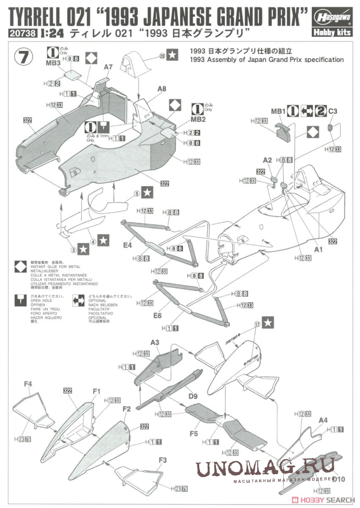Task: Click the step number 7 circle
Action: pyautogui.click(x=24, y=56)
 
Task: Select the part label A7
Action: pyautogui.click(x=109, y=66)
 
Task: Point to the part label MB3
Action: pyautogui.click(x=53, y=63)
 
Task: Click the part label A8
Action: pyautogui.click(x=161, y=89)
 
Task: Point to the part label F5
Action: pyautogui.click(x=194, y=433)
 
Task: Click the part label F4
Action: pyautogui.click(x=28, y=383)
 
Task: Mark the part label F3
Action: pyautogui.click(x=162, y=459)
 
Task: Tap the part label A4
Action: pyautogui.click(x=323, y=420)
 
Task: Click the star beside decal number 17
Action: pyautogui.click(x=268, y=323)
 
